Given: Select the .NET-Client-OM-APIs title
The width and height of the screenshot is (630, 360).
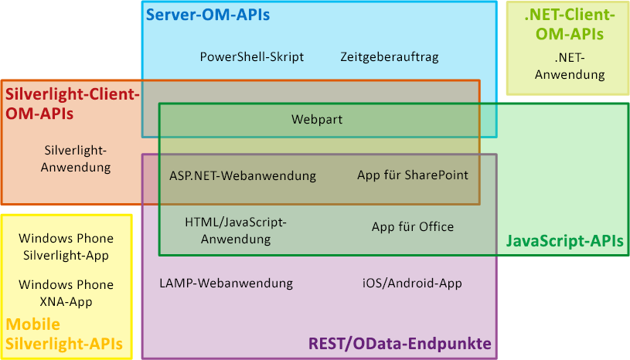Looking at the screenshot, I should point(569,24).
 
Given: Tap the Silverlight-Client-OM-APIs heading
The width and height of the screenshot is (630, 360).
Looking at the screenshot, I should point(72,104).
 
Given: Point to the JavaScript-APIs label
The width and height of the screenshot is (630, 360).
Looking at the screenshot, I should point(564,242).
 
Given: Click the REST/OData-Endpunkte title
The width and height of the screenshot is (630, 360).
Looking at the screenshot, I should point(400,343).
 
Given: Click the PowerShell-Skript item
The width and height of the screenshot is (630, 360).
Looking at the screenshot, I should point(251,56).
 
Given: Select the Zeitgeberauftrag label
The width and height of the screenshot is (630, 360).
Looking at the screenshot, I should point(389,56).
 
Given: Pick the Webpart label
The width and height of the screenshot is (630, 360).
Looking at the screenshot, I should point(317,119).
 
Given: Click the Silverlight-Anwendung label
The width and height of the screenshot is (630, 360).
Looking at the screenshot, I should point(76,158).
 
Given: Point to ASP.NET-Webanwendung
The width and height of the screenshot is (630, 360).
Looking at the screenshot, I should point(243,175).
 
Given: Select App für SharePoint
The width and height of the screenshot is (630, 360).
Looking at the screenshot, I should point(413,175).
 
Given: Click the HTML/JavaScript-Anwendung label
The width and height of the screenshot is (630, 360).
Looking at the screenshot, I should point(236,230).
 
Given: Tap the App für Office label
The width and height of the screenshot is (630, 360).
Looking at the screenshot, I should point(413,226).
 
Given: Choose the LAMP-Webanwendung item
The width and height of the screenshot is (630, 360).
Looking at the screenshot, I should point(226,283).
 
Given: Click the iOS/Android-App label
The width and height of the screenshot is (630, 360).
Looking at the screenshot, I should point(412,283).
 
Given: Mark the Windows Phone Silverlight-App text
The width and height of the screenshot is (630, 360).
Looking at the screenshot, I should point(66,246).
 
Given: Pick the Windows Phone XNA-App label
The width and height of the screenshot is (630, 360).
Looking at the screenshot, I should point(66,293).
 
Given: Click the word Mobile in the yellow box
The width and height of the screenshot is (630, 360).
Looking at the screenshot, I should point(32,324).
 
